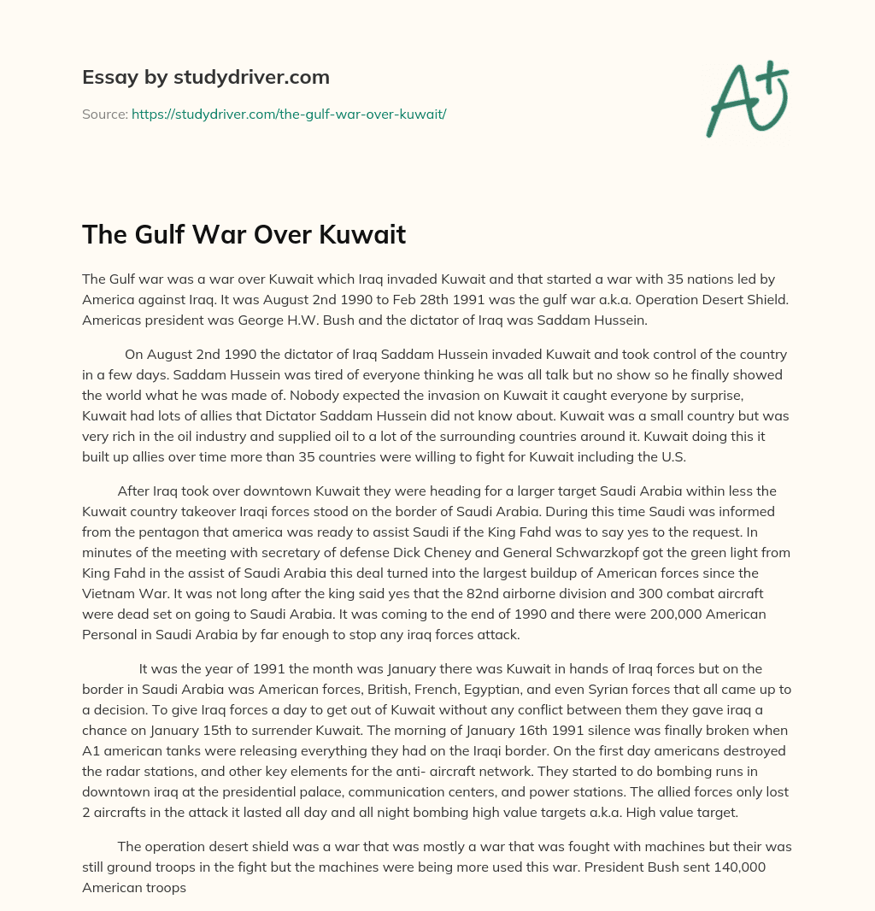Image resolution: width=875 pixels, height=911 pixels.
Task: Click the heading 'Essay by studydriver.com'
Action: [205, 77]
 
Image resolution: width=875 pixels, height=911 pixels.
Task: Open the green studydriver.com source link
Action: [289, 114]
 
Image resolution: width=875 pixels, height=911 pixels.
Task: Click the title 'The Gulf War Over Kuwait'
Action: [244, 235]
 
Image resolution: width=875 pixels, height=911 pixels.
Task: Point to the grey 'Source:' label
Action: [105, 114]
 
